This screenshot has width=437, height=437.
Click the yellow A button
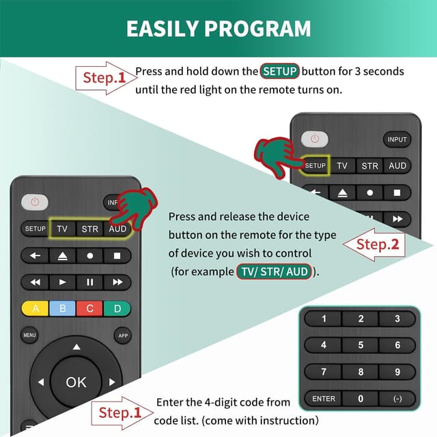35,309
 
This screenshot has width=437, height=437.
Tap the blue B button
62,309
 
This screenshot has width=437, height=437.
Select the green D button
117,309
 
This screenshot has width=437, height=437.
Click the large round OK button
76,382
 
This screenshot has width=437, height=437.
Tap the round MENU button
29,335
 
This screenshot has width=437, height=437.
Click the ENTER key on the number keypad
324,399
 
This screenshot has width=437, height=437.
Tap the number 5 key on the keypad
361,345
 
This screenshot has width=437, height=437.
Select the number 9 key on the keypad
397,372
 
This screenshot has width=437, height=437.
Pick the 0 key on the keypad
361,399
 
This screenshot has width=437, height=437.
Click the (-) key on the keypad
397,399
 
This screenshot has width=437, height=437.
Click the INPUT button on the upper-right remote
397,139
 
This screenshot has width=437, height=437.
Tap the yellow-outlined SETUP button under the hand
315,165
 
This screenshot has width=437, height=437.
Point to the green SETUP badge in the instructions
280,71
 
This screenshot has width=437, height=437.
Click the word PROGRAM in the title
263,28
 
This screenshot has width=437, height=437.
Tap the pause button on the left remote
89,281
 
